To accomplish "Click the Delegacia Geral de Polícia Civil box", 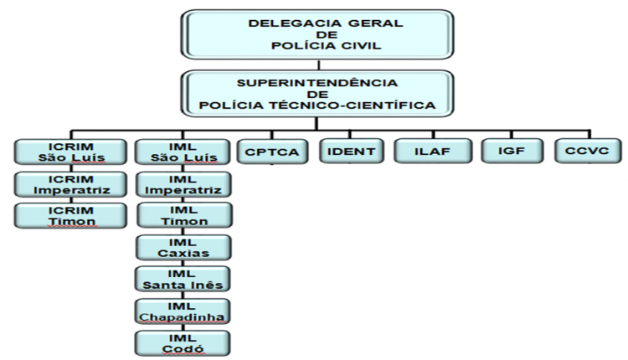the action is tap(317, 34).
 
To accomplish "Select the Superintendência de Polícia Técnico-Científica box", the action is tap(317, 94).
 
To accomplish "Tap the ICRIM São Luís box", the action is tap(71, 152).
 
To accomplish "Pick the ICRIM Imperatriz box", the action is tap(71, 184).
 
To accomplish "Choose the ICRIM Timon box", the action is tap(71, 216).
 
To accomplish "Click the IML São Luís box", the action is tap(183, 152).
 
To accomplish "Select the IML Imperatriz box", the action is tap(183, 184).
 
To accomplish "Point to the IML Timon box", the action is tap(184, 215).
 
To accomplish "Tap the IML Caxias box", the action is tap(183, 248).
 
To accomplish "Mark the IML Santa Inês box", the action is tap(183, 279).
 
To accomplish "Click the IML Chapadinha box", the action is tap(183, 311).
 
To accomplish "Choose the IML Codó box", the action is tap(183, 343).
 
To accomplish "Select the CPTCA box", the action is tap(272, 152).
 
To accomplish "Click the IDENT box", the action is tap(351, 151).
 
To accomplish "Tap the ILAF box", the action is tap(433, 151).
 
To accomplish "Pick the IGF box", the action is tap(512, 151).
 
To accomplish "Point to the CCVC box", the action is tap(588, 151).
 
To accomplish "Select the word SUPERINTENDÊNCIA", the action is tap(317, 83).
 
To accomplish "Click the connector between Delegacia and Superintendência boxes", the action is tap(318, 64).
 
